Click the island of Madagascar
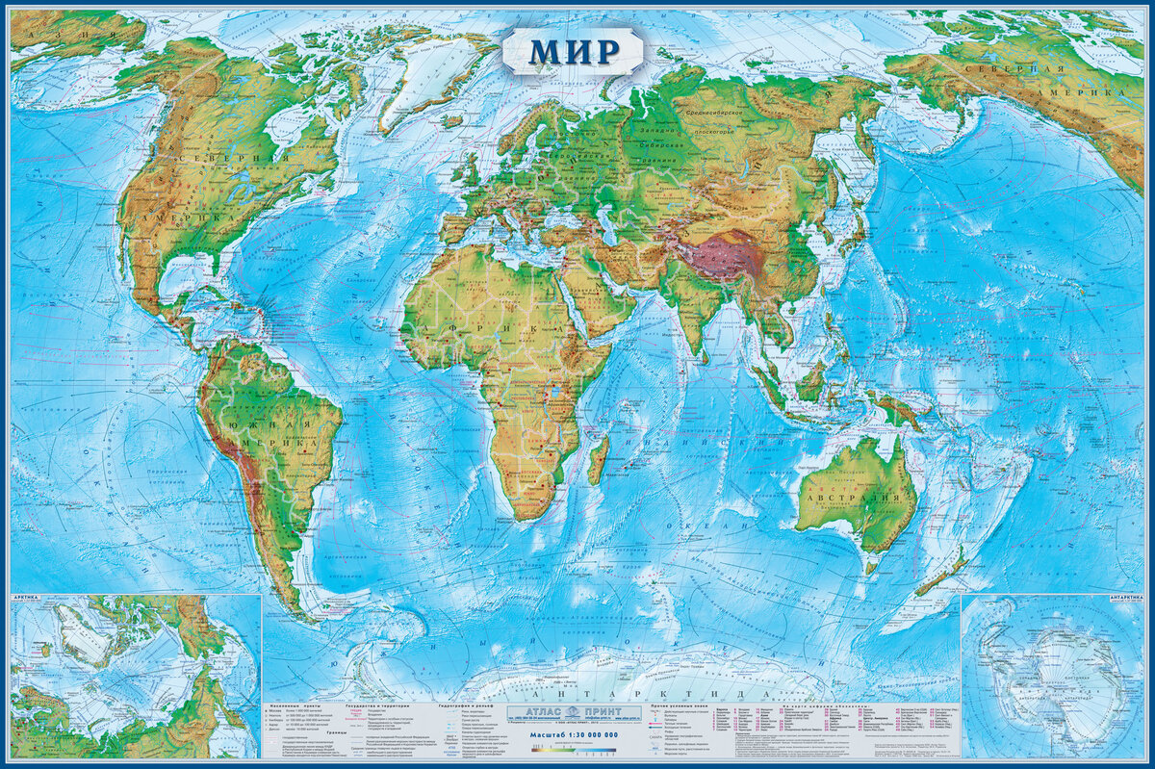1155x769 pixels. (597, 461)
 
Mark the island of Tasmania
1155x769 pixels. (871, 567)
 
